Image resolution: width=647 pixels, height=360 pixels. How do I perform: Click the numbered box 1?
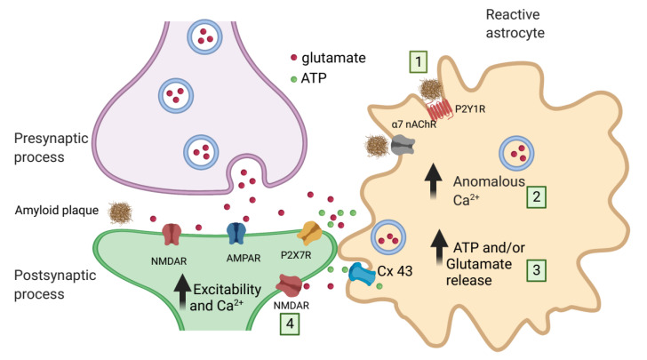coord(418,62)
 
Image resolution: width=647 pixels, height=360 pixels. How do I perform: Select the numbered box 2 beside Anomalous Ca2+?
coord(536,196)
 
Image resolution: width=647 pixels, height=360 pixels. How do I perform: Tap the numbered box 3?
coord(536,270)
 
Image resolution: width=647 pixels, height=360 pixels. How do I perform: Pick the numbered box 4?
coord(290,324)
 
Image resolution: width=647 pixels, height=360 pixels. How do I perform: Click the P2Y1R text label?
coord(469,109)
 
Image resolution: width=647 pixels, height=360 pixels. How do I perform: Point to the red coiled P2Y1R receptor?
coord(440,109)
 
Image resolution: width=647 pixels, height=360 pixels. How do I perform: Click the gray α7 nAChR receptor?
coord(403,145)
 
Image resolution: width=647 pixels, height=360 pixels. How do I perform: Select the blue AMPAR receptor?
coord(236,233)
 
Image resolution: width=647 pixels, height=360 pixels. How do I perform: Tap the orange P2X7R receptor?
coord(312,232)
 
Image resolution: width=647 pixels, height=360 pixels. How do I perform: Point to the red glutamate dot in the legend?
coord(294,58)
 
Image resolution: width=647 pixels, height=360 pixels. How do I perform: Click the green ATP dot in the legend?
coord(294,79)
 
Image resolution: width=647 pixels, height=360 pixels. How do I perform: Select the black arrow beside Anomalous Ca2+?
coord(434,181)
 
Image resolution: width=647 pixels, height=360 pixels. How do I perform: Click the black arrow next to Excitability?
coord(182,292)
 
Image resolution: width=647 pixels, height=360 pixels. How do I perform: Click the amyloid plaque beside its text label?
coord(120,212)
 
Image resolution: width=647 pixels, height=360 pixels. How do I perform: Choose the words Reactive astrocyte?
coord(515,23)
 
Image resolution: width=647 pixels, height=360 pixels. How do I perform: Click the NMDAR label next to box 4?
coord(292,306)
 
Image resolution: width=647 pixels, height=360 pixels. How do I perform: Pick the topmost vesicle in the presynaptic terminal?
coord(204,36)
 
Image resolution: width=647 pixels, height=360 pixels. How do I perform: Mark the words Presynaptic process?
coord(52,148)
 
